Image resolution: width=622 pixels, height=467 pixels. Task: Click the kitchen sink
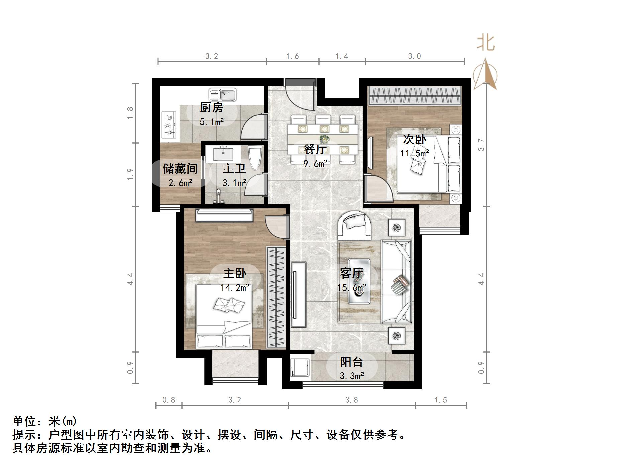[x=223, y=95]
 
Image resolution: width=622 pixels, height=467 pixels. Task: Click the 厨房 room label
[x=212, y=108]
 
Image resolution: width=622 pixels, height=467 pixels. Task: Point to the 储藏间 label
[x=180, y=169]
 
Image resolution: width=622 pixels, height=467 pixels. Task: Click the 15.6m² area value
[x=351, y=287]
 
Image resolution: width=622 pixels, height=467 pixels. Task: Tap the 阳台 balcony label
[x=351, y=362]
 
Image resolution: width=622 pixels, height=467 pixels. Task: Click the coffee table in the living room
[x=359, y=281]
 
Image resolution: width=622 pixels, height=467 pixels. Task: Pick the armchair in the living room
[x=354, y=224]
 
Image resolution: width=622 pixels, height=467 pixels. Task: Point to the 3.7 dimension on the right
[x=481, y=145]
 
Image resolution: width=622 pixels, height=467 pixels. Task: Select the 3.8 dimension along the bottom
[x=352, y=400]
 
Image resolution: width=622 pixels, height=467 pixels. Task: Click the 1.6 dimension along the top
[x=292, y=56]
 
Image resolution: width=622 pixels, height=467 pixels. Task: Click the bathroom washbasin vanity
[x=223, y=154]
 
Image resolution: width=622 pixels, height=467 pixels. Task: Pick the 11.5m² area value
[x=415, y=153]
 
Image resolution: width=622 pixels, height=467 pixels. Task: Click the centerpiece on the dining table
[x=324, y=138]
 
